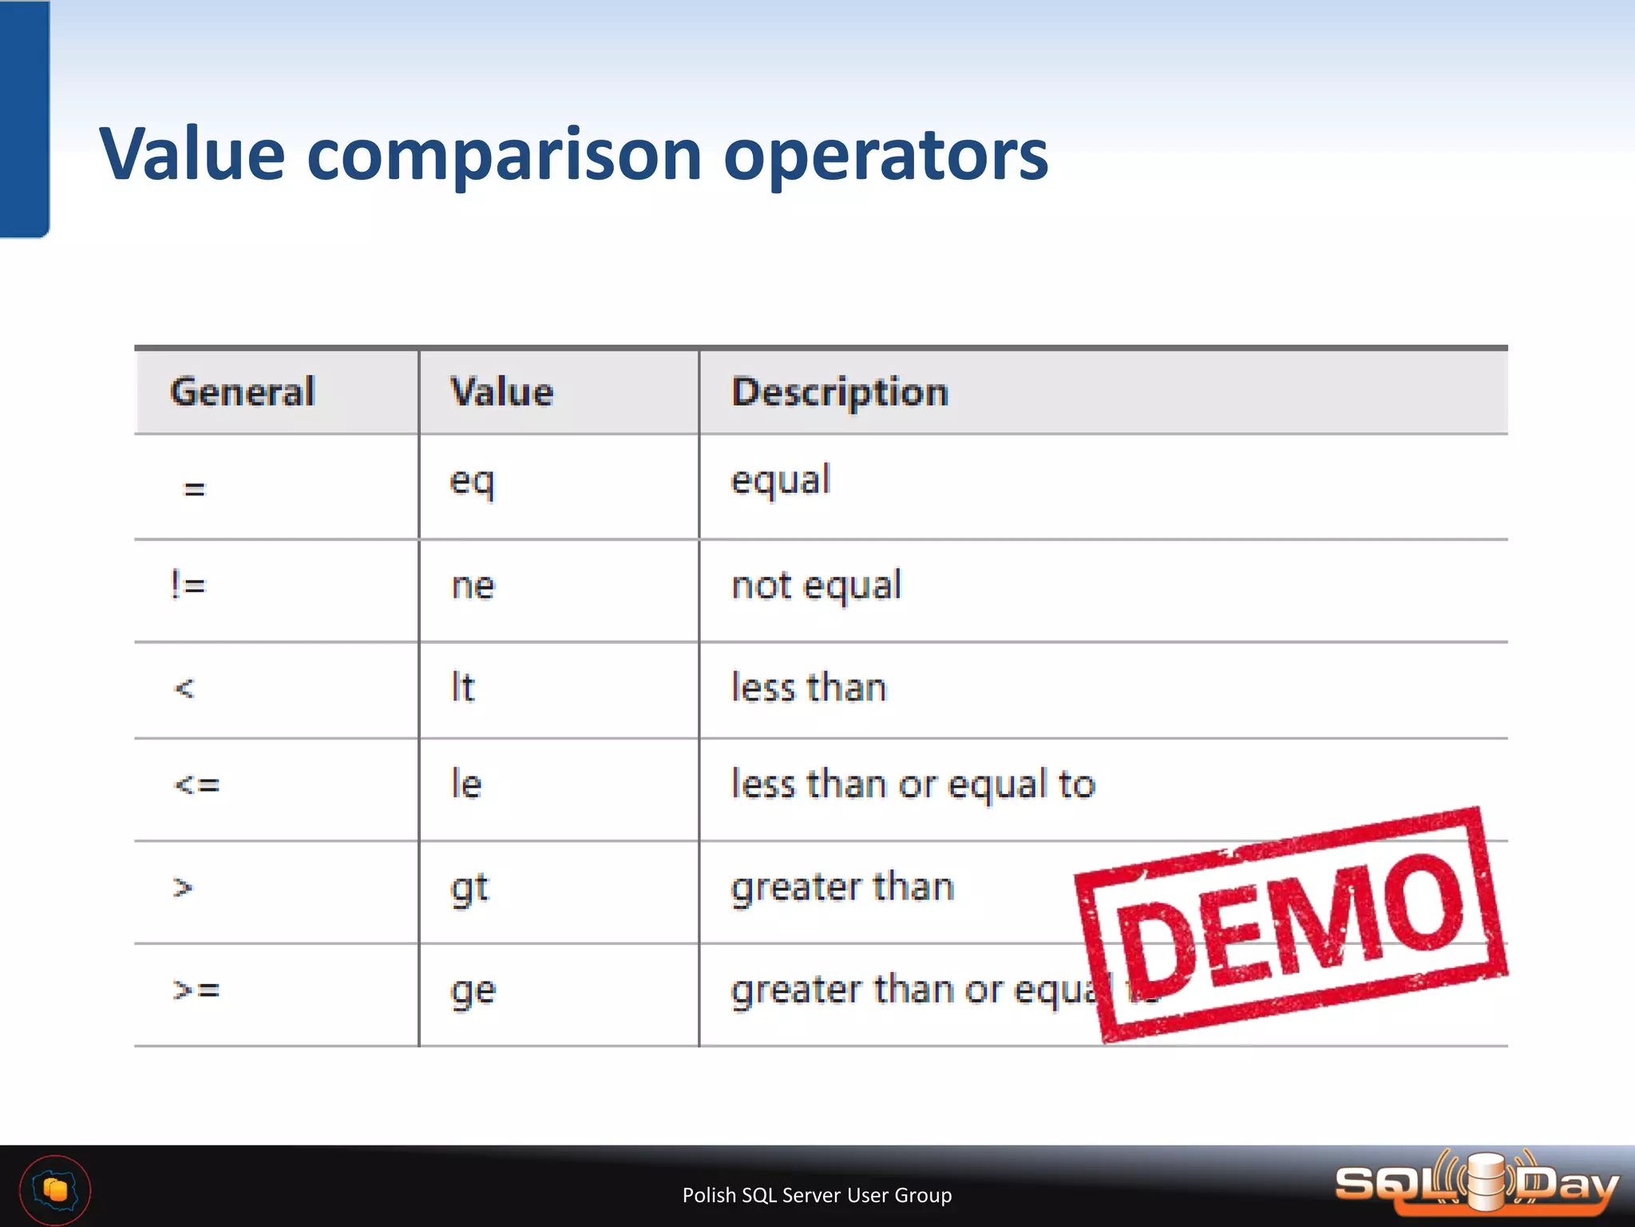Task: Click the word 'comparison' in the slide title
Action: (504, 156)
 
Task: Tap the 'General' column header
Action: (243, 392)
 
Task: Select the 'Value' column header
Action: (502, 392)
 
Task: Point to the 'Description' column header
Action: (840, 392)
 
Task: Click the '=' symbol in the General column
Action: (194, 488)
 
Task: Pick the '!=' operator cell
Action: (188, 586)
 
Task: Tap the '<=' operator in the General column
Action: (196, 784)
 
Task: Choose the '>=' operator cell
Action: (196, 991)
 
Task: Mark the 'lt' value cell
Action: (463, 688)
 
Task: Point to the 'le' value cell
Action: (466, 784)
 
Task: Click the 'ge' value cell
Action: (473, 991)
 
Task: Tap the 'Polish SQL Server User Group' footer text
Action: (817, 1195)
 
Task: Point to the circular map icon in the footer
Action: (55, 1190)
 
